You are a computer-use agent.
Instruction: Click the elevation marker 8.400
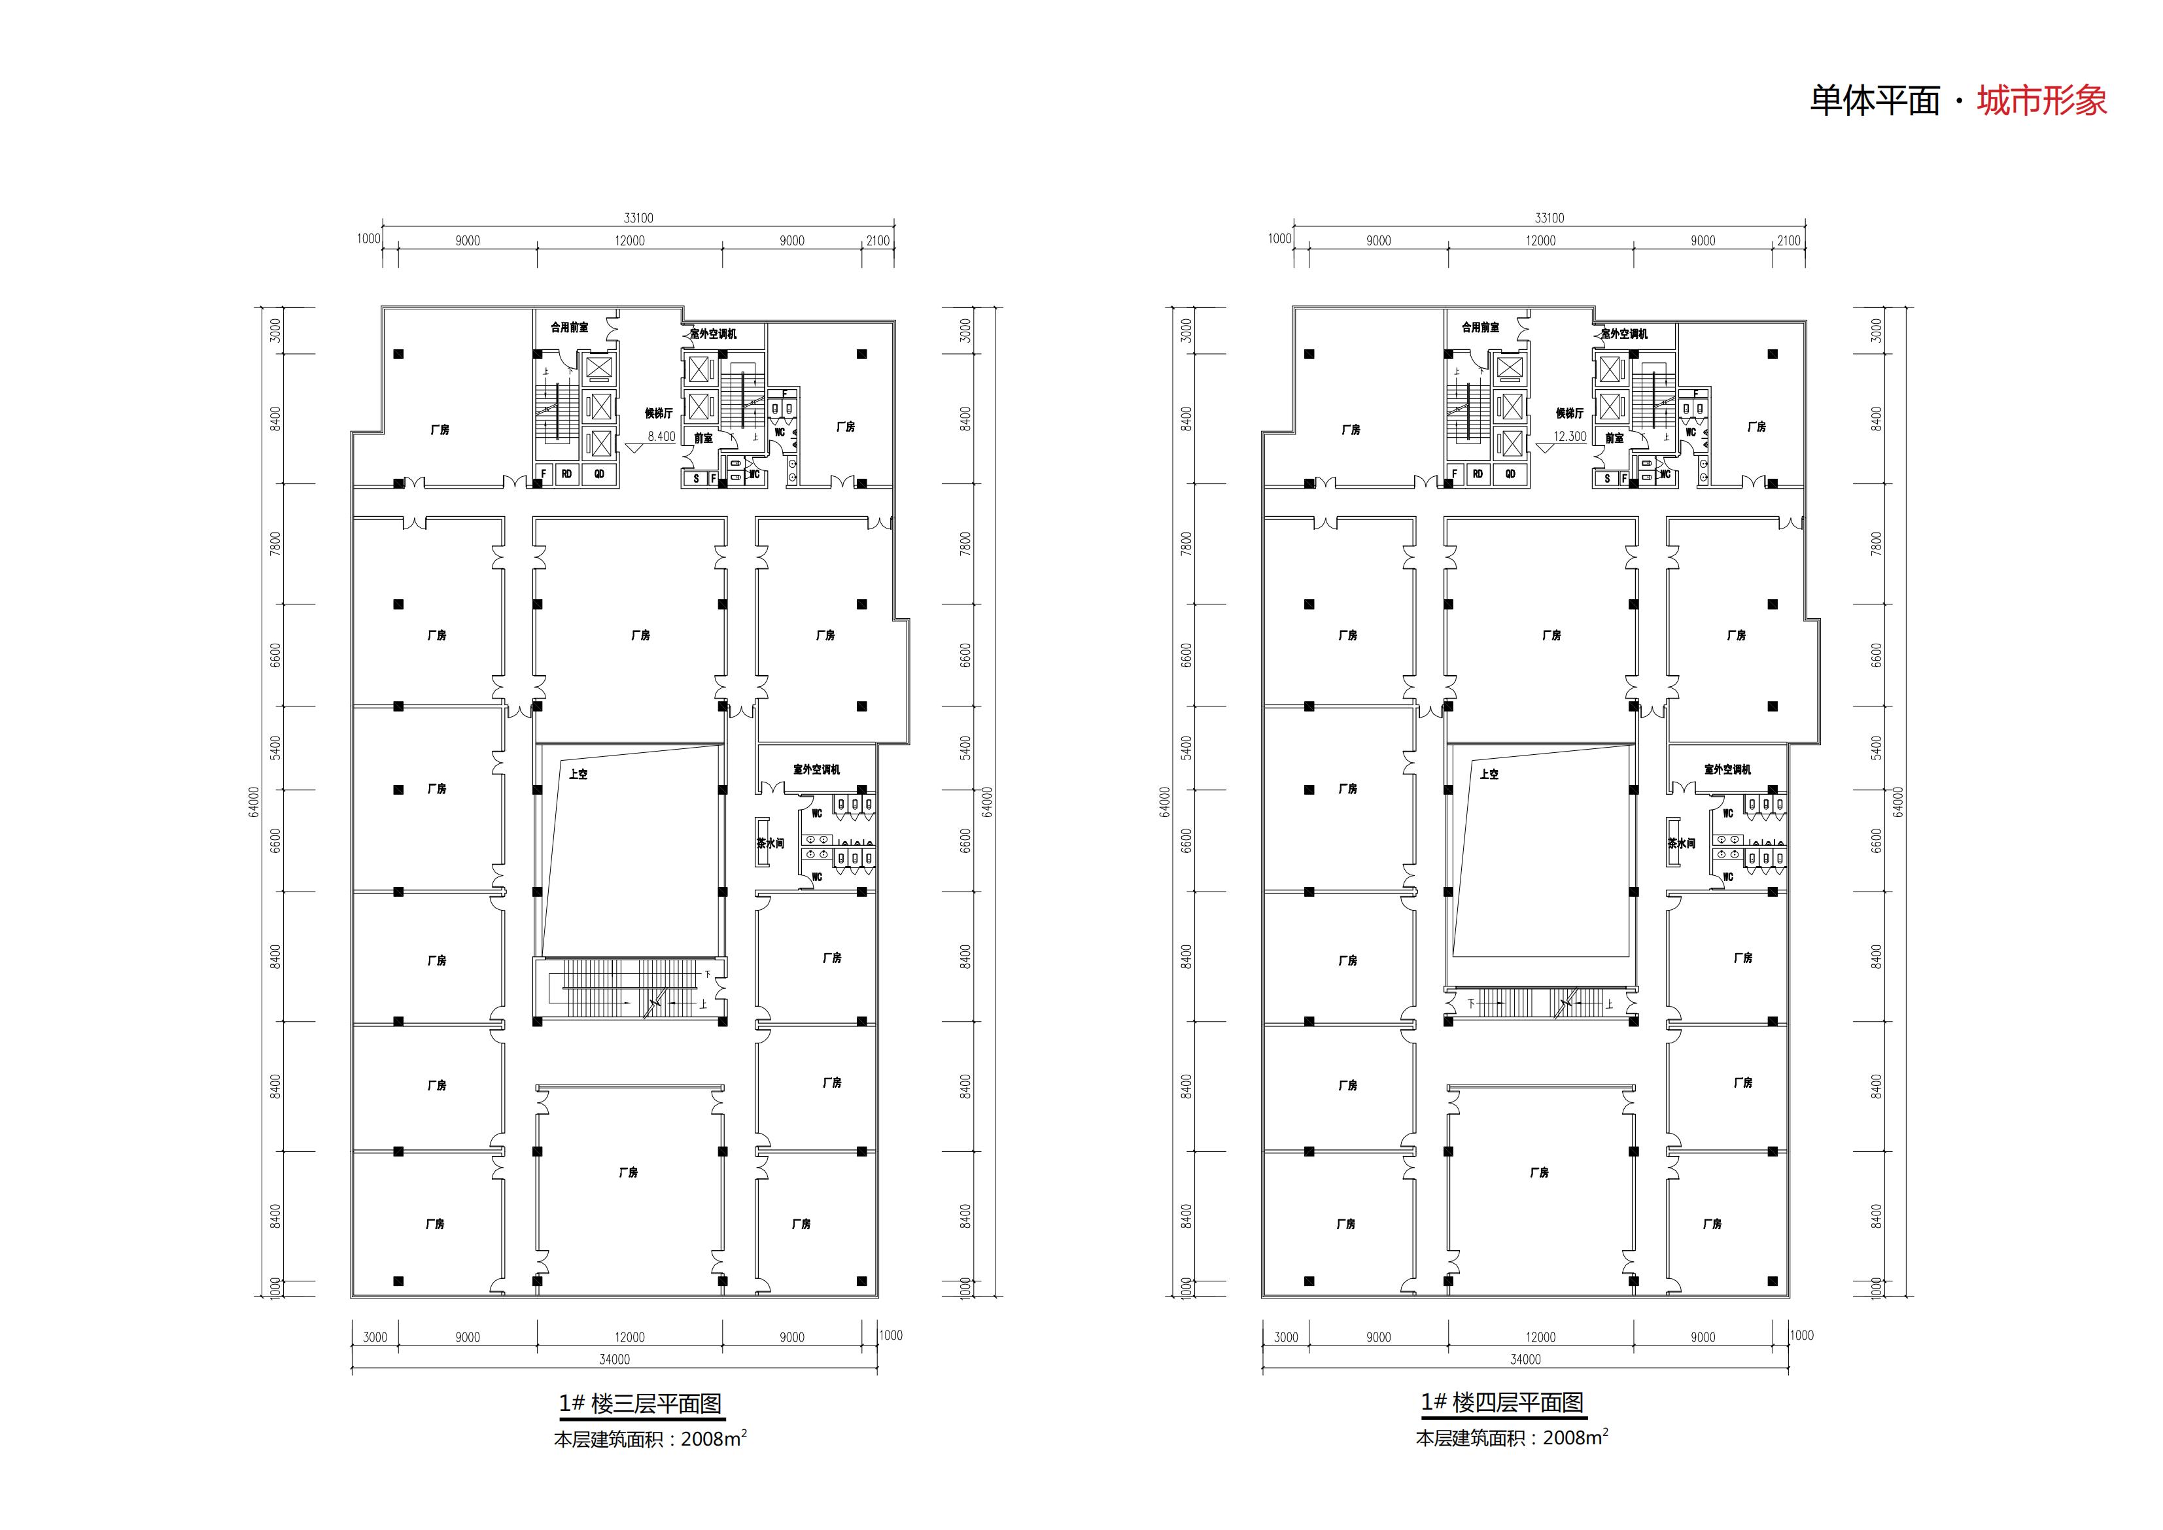(661, 436)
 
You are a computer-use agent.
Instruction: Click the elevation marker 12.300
(1570, 436)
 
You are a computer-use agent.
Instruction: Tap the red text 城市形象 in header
(2041, 101)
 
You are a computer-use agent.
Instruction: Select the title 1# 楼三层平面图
(640, 1404)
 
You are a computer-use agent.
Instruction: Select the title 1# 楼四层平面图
(1502, 1402)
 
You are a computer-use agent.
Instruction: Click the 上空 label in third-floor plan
(578, 774)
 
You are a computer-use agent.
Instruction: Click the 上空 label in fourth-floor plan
(1489, 774)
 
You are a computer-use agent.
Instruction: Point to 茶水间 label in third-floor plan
(770, 844)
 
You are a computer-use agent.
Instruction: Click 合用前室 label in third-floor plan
(569, 328)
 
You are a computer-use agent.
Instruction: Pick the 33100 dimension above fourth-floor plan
(1549, 218)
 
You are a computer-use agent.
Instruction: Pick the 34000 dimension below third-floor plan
(614, 1359)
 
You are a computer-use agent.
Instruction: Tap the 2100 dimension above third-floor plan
(877, 240)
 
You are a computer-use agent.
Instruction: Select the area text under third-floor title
(650, 1438)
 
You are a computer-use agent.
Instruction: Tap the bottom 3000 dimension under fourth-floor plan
(1285, 1337)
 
